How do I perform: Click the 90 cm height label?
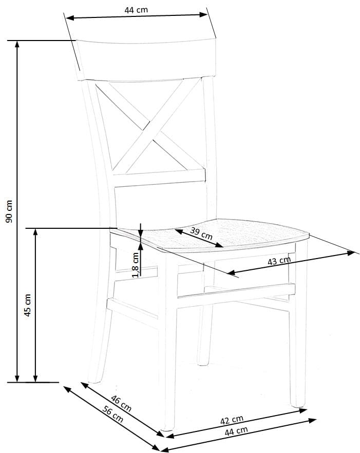(x=9, y=211)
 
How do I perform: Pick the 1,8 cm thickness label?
(x=135, y=264)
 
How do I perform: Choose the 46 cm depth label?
(x=121, y=404)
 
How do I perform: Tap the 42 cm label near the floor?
(x=232, y=421)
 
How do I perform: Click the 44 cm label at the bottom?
(x=236, y=431)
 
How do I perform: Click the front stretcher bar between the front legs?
(x=236, y=290)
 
